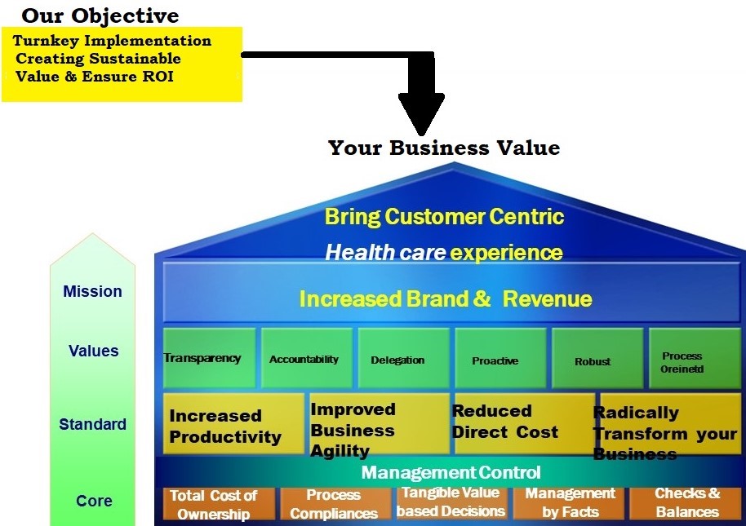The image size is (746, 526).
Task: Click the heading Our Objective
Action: pyautogui.click(x=100, y=15)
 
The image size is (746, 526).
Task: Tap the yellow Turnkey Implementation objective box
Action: pyautogui.click(x=122, y=64)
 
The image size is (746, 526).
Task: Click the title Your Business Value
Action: pyautogui.click(x=443, y=148)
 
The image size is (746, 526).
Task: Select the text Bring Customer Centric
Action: pyautogui.click(x=444, y=216)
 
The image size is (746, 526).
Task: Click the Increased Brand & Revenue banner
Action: pyautogui.click(x=446, y=298)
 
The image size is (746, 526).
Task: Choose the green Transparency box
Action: pyautogui.click(x=210, y=358)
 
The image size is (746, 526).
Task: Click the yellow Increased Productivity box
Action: pyautogui.click(x=233, y=424)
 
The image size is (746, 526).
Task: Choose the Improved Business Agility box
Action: pyautogui.click(x=378, y=424)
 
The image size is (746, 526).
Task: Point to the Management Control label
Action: pyautogui.click(x=451, y=472)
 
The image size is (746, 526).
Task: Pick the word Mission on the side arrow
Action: pyautogui.click(x=92, y=291)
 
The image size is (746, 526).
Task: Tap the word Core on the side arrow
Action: pyautogui.click(x=94, y=501)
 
